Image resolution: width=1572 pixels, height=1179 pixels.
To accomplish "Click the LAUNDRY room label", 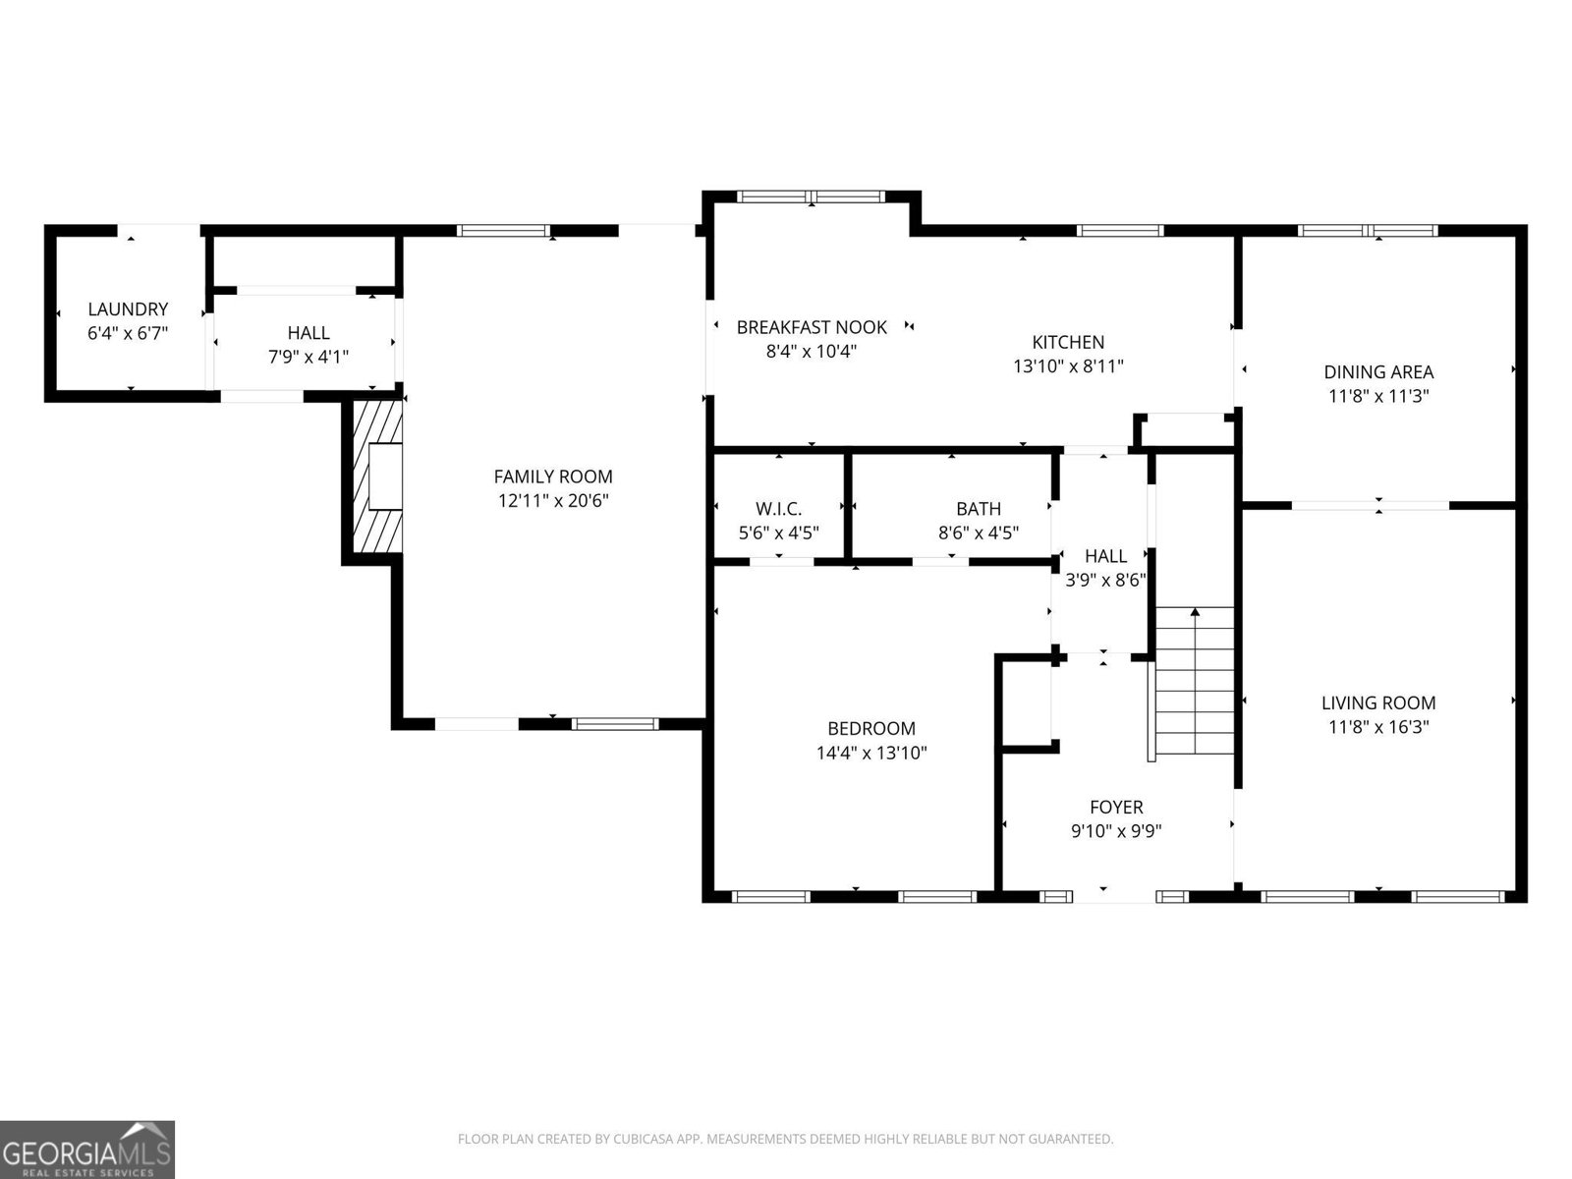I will point(128,309).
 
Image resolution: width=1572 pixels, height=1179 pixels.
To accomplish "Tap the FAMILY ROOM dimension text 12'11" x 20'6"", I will point(553,501).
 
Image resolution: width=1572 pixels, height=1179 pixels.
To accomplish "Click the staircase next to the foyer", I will point(1195,688).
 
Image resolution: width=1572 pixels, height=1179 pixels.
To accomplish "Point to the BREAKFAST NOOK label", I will point(812,327).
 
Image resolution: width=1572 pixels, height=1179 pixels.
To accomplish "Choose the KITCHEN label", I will point(1068,342).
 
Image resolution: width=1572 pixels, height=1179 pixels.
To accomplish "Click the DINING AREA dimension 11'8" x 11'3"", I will point(1378,397).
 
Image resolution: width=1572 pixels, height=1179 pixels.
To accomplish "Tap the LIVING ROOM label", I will point(1378,702).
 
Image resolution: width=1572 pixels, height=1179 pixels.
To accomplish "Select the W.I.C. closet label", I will point(778,509).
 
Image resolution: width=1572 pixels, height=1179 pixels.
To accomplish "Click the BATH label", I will point(979,509).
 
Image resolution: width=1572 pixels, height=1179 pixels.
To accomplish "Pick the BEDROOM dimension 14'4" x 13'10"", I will point(871,754).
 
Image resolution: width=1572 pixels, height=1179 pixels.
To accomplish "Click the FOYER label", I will point(1116,808).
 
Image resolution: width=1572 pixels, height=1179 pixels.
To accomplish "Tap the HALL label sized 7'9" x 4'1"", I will point(309,333).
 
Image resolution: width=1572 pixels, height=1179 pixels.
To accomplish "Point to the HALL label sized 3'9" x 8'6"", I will point(1105,556).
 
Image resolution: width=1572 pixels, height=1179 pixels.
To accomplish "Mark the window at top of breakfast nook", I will point(812,196).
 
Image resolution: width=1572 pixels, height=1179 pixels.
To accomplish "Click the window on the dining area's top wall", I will point(1368,231).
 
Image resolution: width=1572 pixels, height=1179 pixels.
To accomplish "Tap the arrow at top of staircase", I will point(1195,613).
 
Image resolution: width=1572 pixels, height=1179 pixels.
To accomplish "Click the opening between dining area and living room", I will point(1370,505).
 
